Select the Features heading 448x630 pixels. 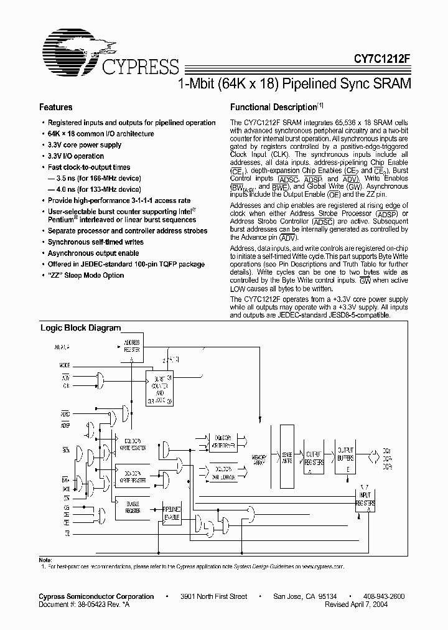click(x=56, y=107)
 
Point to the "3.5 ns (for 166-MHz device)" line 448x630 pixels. click(x=90, y=178)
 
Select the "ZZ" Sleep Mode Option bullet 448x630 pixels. click(x=86, y=275)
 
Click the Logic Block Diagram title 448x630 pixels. click(x=80, y=327)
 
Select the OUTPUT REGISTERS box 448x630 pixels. click(x=315, y=459)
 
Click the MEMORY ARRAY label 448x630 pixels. click(x=260, y=459)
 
